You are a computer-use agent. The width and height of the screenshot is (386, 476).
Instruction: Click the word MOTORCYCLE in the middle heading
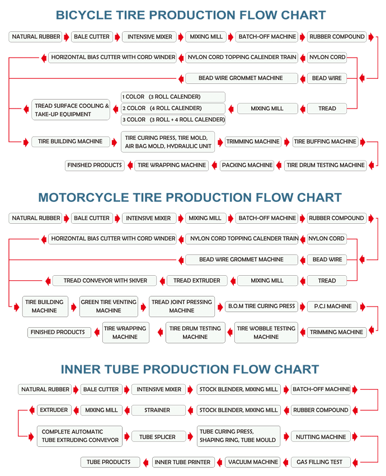click(x=83, y=197)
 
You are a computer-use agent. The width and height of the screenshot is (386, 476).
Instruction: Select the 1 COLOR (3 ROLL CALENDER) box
click(x=173, y=97)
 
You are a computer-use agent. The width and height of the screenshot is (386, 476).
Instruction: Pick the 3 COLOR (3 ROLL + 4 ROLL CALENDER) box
click(x=173, y=120)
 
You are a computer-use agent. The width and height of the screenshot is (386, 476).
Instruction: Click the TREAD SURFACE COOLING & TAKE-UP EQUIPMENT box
click(x=70, y=110)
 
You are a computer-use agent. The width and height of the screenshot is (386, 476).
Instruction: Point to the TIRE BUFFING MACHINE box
click(x=325, y=142)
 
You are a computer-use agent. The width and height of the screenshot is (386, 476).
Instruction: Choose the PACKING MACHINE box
click(x=247, y=166)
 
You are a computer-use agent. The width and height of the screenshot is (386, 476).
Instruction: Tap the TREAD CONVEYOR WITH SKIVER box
click(x=105, y=280)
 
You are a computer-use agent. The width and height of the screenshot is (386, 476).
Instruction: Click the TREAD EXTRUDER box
click(x=197, y=280)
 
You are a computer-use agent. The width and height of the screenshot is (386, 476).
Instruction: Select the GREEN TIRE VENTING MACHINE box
click(x=109, y=307)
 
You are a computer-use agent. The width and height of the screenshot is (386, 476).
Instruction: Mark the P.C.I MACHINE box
click(x=332, y=307)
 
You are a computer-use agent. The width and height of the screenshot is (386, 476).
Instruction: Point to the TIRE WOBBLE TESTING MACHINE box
click(x=266, y=333)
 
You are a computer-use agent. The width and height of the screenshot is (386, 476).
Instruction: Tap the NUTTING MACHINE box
click(x=321, y=437)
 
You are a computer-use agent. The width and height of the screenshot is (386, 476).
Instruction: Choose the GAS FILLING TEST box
click(x=321, y=463)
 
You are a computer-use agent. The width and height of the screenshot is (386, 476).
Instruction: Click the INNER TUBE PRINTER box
click(x=183, y=463)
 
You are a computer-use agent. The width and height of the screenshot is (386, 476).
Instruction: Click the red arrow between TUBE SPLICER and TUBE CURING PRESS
click(x=190, y=437)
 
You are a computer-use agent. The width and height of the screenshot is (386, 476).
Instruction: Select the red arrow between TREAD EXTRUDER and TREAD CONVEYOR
click(x=162, y=281)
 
